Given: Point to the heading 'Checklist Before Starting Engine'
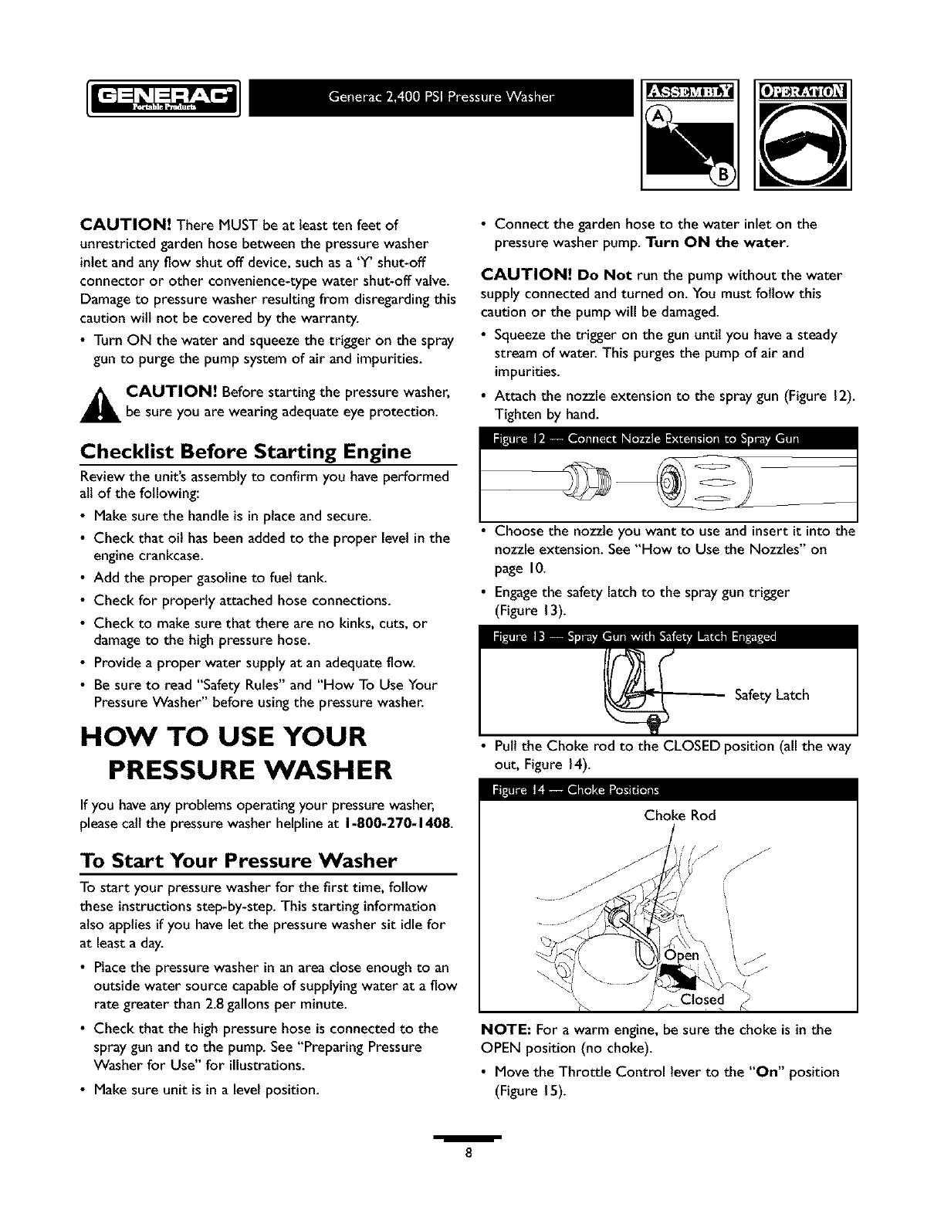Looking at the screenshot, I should (246, 451).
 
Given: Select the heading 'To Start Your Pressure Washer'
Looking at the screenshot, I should (239, 860).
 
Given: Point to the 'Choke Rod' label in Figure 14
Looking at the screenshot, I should (680, 816).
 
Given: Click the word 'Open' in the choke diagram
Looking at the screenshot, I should (682, 955).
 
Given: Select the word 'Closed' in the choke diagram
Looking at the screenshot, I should (702, 1000).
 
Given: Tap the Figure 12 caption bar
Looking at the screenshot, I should (668, 440).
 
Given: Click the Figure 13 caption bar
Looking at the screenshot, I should (668, 637).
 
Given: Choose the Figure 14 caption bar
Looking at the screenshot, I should (668, 789).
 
